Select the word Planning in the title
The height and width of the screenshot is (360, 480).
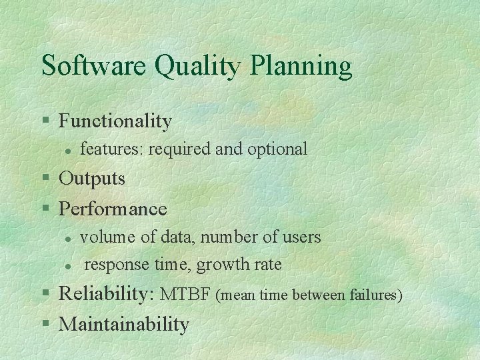301,66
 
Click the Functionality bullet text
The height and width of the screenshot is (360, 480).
115,121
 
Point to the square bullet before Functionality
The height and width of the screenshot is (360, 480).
45,121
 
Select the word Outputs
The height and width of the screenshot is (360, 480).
92,179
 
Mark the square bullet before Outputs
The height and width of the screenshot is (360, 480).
45,179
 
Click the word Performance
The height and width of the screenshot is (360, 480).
113,209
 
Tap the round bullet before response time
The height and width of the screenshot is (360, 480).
67,266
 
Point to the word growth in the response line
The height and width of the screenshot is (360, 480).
221,265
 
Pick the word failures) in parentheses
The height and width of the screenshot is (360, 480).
376,295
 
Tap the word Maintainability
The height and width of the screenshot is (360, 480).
124,325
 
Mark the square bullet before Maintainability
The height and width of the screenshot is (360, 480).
45,324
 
